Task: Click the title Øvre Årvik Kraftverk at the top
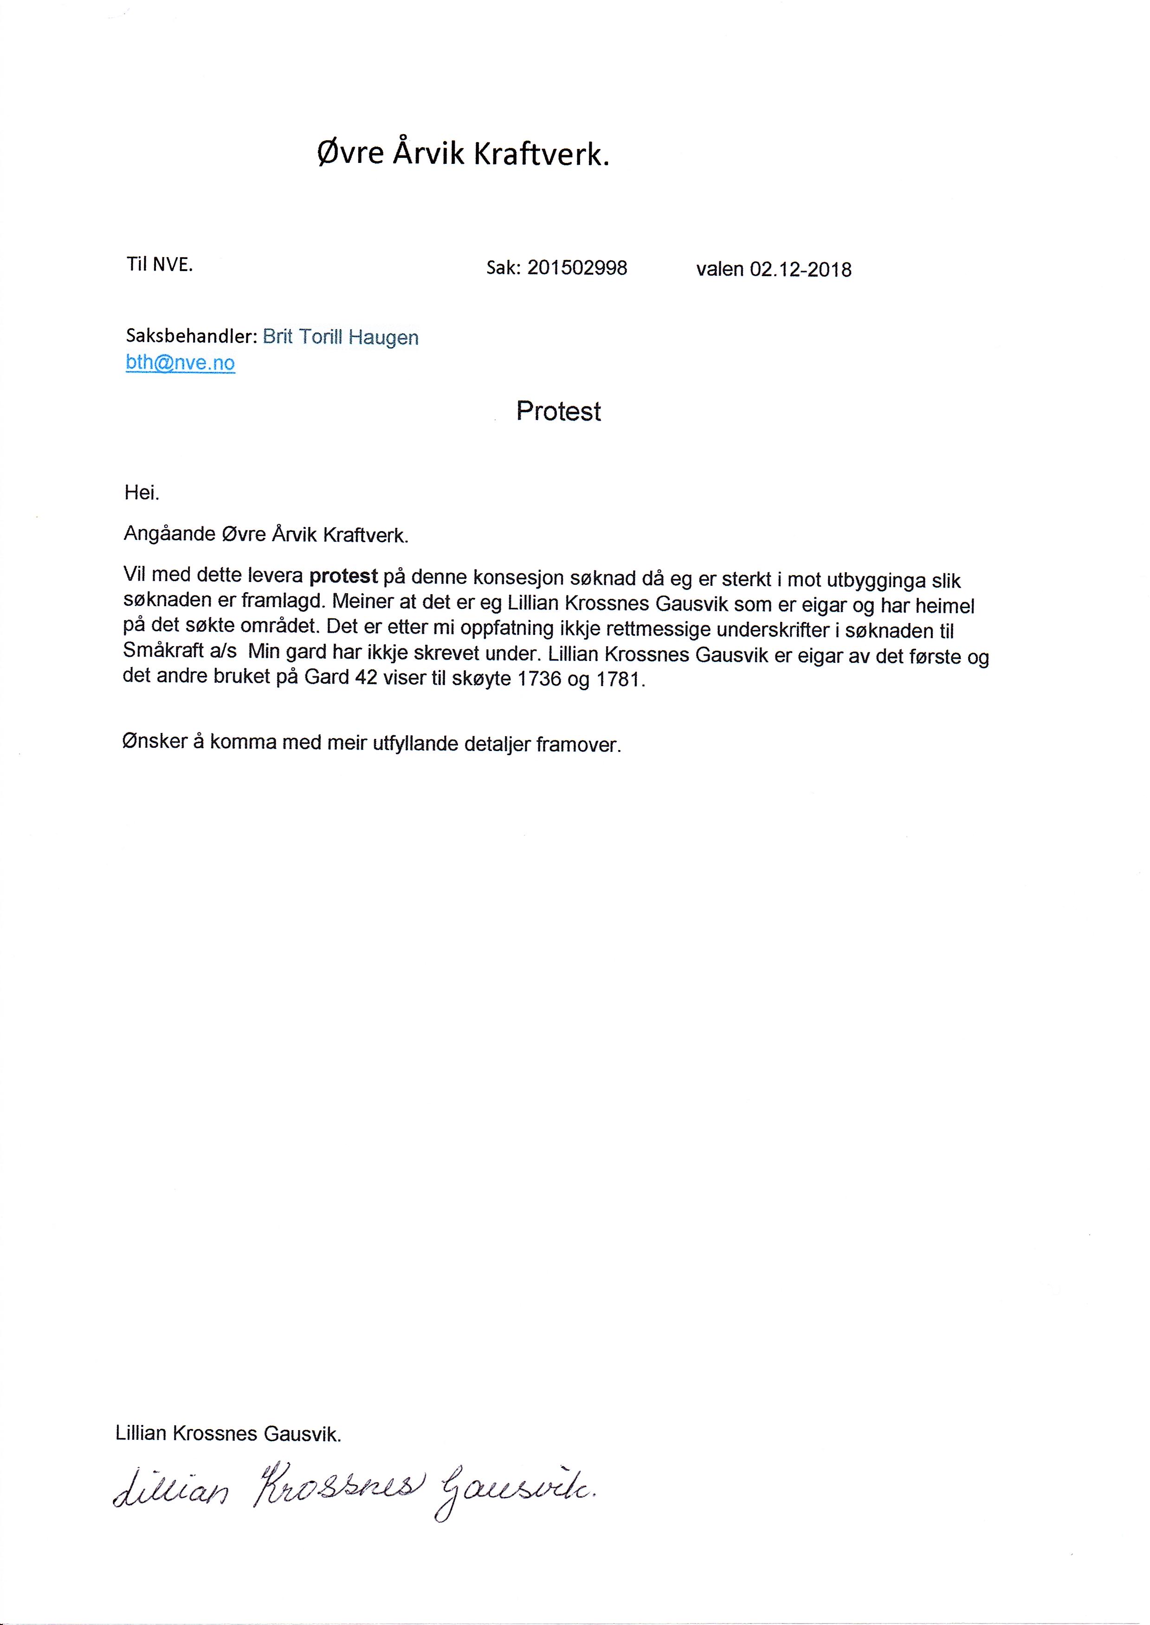pyautogui.click(x=463, y=154)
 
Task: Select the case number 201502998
pyautogui.click(x=577, y=268)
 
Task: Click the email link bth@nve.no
pyautogui.click(x=180, y=363)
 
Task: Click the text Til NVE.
pyautogui.click(x=159, y=265)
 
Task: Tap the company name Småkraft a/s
pyautogui.click(x=180, y=651)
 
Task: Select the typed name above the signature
pyautogui.click(x=228, y=1434)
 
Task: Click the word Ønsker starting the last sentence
pyautogui.click(x=155, y=742)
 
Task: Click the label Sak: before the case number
pyautogui.click(x=504, y=268)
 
